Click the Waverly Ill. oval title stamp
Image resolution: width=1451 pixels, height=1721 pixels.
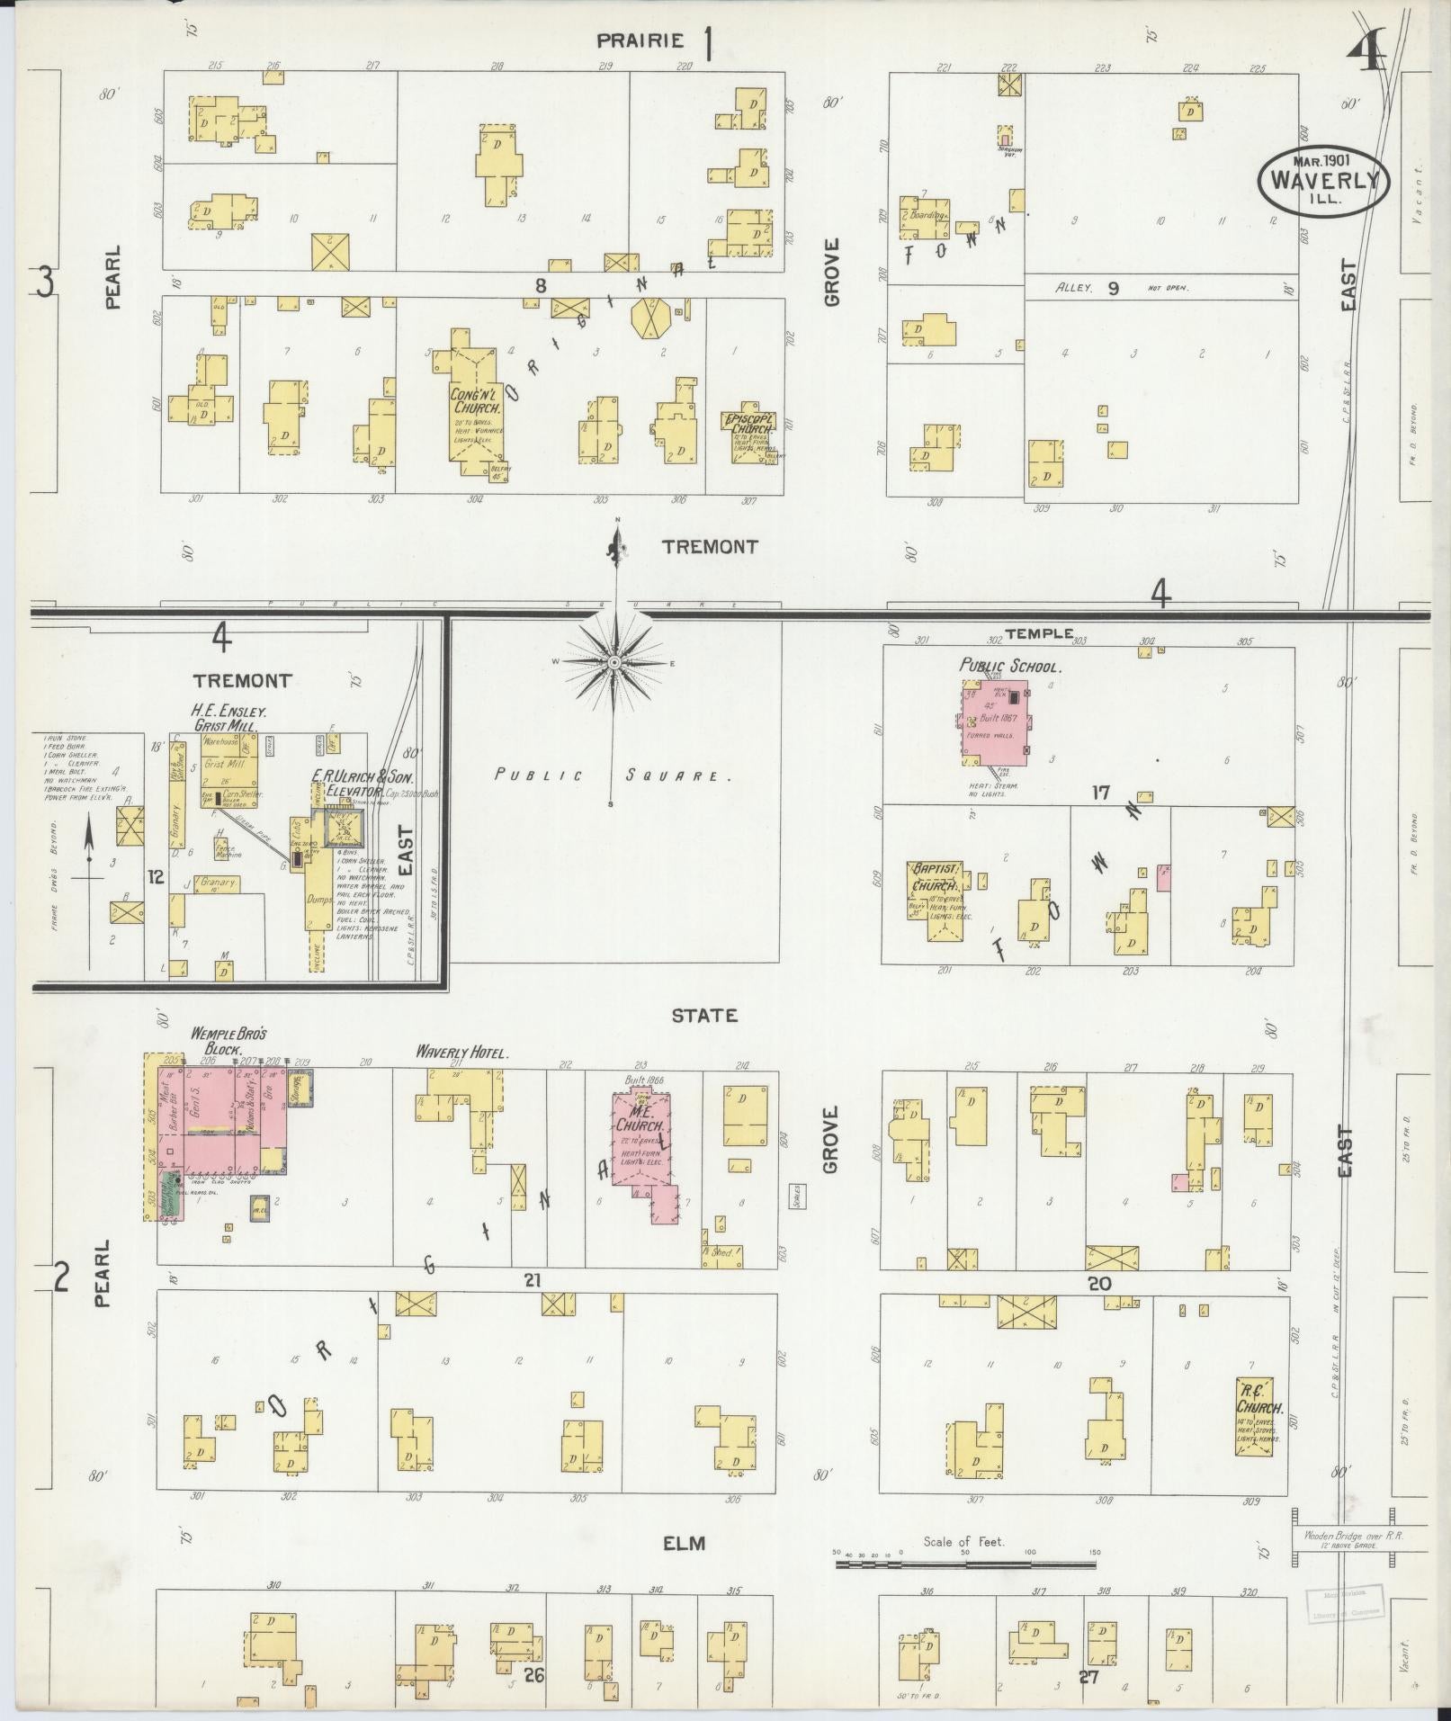(1324, 179)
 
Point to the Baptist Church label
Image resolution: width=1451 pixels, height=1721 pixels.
(937, 877)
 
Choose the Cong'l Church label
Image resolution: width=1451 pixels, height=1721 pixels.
(476, 400)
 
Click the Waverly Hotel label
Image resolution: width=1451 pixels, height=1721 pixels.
(462, 1052)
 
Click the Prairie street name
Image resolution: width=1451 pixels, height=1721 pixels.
(640, 40)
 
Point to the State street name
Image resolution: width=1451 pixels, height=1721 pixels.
(704, 1016)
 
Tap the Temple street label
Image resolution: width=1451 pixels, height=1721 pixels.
(1039, 633)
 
